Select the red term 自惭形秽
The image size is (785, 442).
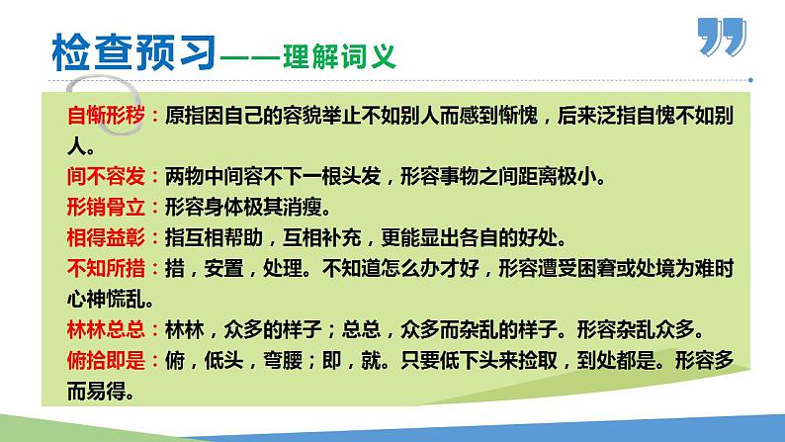(105, 116)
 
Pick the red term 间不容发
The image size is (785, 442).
(105, 177)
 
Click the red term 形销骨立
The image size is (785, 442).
(105, 208)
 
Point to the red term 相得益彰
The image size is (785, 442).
(105, 237)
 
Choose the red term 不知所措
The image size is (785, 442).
(105, 268)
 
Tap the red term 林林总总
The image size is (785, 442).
(105, 329)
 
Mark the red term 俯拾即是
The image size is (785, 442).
(105, 360)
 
